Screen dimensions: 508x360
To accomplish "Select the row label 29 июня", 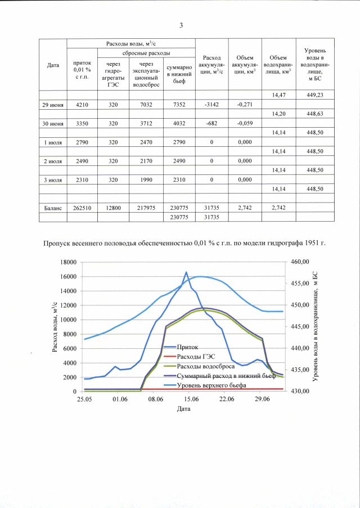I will coord(53,104).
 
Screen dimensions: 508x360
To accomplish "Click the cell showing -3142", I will coord(212,104).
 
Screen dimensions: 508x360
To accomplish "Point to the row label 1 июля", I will coord(53,142).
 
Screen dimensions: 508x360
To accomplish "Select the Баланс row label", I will coord(53,208).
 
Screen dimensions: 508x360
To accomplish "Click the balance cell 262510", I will coord(82,208).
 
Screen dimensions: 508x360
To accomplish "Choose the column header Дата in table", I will coord(53,65).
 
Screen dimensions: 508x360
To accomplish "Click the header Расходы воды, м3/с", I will coord(131,43).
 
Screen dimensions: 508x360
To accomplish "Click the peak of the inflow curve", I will coord(186,272).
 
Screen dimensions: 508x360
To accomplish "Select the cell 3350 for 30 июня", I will coord(82,123).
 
